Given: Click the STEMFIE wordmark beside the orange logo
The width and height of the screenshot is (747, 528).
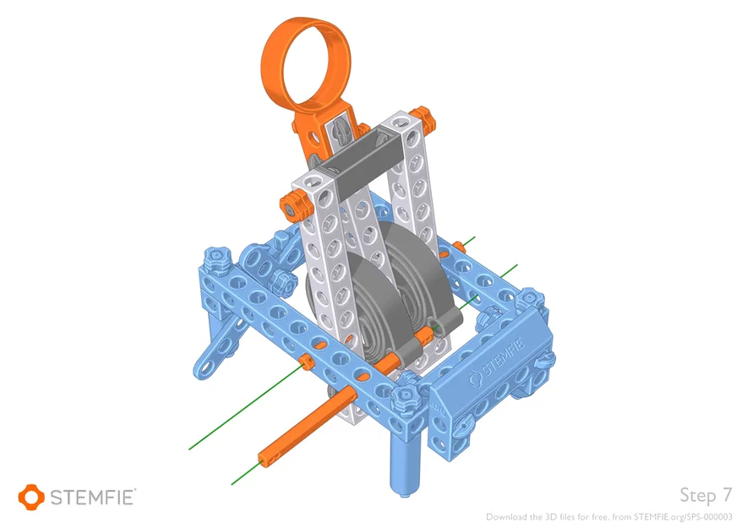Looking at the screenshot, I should (94, 497).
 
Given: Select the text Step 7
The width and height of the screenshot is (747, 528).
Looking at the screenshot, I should (705, 494).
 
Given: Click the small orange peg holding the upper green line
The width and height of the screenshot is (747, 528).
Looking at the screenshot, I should (307, 363).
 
